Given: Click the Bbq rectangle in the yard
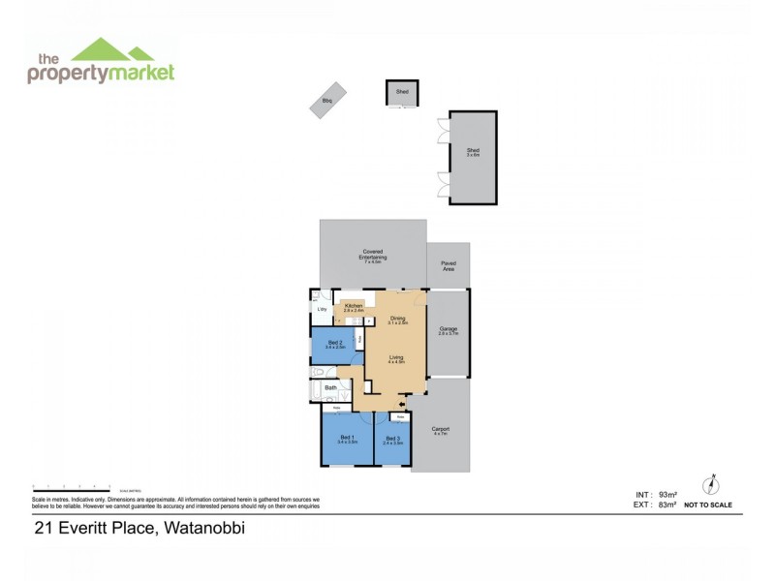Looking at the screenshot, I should pyautogui.click(x=327, y=101).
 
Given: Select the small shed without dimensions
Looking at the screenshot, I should pyautogui.click(x=401, y=93).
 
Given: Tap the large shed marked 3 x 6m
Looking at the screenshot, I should pyautogui.click(x=473, y=156).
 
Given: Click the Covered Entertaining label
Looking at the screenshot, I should pyautogui.click(x=372, y=258).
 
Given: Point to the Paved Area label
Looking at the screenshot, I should pyautogui.click(x=448, y=264).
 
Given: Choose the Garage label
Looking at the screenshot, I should pyautogui.click(x=448, y=330).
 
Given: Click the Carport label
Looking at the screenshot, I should pyautogui.click(x=440, y=430).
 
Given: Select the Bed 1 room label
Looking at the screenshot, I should pyautogui.click(x=347, y=439).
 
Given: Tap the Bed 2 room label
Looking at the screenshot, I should pyautogui.click(x=335, y=344).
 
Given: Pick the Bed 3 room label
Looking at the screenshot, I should pyautogui.click(x=392, y=439).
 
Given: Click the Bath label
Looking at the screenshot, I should pyautogui.click(x=330, y=388).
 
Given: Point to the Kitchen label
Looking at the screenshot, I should pyautogui.click(x=353, y=306).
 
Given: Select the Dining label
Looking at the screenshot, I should pyautogui.click(x=398, y=319).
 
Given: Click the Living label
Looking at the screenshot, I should pyautogui.click(x=396, y=358).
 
